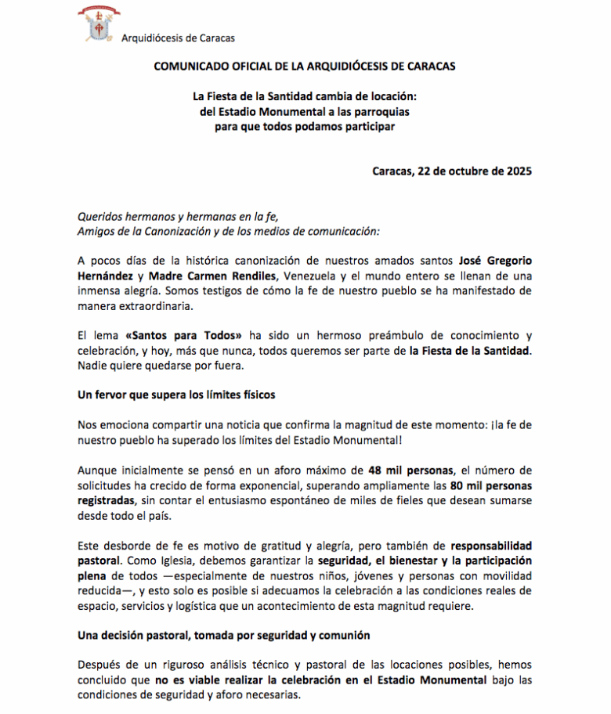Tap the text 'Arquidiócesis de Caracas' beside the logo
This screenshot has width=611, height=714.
(178, 38)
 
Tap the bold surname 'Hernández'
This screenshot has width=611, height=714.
(110, 276)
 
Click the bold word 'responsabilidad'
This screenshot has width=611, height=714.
(492, 545)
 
